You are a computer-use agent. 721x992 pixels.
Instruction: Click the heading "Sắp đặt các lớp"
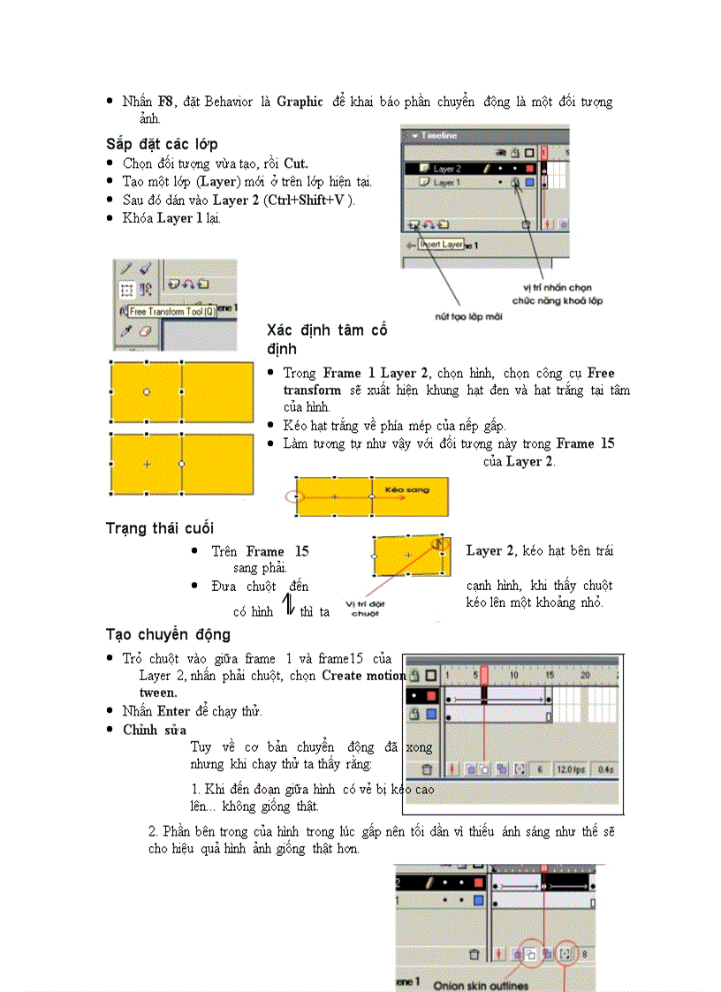pos(162,143)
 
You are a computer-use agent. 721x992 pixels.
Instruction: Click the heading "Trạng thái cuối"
pos(159,528)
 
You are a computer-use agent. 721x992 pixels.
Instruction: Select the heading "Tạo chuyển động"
pos(168,634)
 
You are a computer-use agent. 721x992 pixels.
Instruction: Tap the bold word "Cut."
pos(295,163)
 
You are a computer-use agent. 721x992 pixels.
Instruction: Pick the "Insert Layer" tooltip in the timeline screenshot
pos(441,244)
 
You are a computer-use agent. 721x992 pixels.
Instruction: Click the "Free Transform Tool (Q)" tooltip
pos(172,312)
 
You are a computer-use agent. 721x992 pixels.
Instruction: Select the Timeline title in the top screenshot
pos(438,135)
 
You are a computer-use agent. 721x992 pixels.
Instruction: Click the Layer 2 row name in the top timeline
pos(447,168)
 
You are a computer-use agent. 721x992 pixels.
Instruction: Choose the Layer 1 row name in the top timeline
pos(445,182)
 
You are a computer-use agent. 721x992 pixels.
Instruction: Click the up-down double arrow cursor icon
pos(288,605)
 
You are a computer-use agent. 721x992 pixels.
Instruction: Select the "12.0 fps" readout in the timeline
pos(569,770)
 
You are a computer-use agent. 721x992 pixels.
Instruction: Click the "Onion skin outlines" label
pos(481,985)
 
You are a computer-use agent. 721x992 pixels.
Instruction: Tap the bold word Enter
pos(174,711)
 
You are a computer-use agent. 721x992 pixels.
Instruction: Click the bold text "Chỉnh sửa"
pos(155,730)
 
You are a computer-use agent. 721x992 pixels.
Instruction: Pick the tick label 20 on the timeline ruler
pos(584,674)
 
